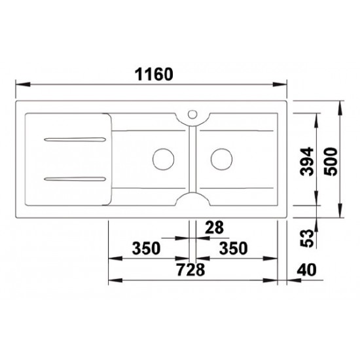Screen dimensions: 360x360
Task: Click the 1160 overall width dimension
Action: (154, 74)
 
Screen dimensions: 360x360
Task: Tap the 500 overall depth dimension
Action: (331, 162)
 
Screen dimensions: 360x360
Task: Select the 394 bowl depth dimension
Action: (307, 162)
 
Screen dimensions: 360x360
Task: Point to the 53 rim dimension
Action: (307, 238)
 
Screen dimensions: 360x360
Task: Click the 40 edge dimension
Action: (306, 270)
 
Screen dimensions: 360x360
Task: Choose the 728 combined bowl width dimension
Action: (190, 270)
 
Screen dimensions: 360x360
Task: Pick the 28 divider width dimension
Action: (214, 227)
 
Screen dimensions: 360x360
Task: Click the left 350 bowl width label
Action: (146, 248)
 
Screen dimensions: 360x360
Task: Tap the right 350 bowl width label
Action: (233, 248)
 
